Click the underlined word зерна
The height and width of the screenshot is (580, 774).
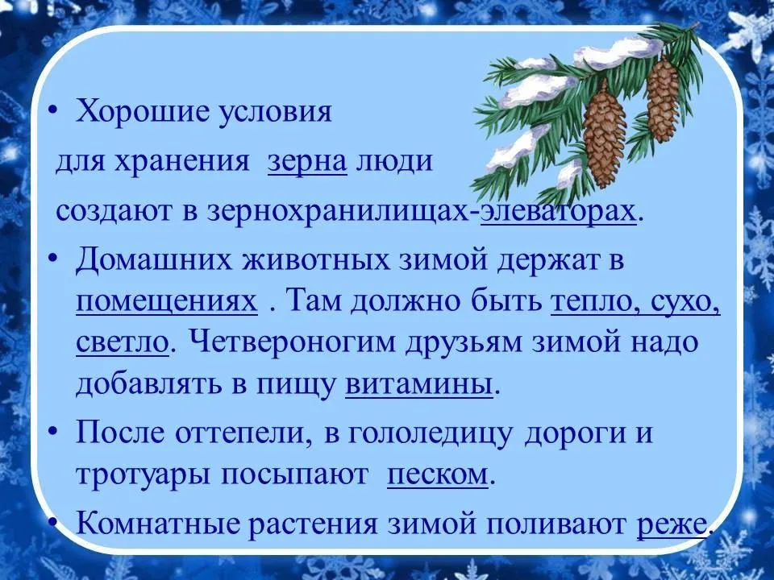(x=307, y=161)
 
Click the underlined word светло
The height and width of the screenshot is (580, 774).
(x=123, y=342)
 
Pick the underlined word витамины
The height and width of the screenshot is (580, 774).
(x=419, y=384)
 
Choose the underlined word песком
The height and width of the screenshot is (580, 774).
(x=437, y=474)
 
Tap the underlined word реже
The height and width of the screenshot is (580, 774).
(x=672, y=524)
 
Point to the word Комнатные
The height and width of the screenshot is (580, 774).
(x=158, y=523)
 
